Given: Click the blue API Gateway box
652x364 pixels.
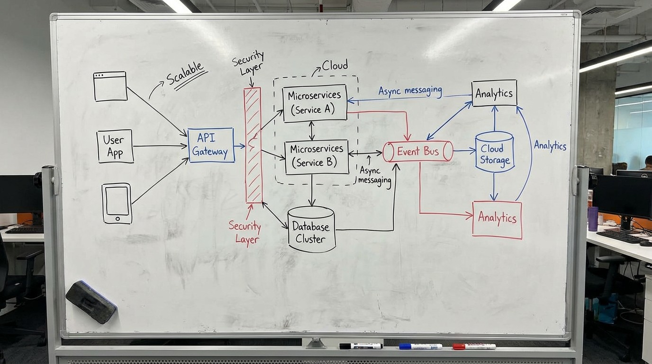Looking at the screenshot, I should [211, 145].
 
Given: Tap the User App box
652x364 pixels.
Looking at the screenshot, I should [115, 146].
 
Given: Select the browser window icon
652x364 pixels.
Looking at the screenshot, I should [110, 86].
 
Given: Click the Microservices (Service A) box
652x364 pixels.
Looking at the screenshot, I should [315, 103].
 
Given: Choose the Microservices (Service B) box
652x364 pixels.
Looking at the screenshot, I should [317, 156].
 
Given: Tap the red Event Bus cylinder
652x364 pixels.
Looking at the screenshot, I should [418, 152].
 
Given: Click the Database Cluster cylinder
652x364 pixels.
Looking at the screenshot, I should [311, 229].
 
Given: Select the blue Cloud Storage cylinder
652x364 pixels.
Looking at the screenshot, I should [494, 152].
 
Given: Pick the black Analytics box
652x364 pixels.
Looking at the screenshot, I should [494, 93].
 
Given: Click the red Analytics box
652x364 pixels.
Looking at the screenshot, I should [497, 219].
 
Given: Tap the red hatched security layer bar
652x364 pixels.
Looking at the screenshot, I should [253, 145].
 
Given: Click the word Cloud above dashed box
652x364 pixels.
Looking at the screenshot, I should [335, 65].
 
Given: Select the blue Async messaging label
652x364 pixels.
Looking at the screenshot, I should [410, 91].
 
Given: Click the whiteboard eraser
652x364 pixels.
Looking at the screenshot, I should [91, 301].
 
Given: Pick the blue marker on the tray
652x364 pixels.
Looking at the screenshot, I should [420, 346].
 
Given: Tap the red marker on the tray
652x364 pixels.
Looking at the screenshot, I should [474, 346].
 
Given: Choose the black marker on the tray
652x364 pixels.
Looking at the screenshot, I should [361, 346].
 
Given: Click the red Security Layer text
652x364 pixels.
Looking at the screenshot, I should [244, 232].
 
